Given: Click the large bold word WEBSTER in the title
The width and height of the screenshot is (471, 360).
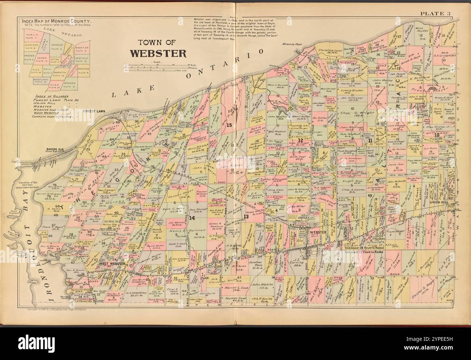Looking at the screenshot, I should [x=158, y=53].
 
